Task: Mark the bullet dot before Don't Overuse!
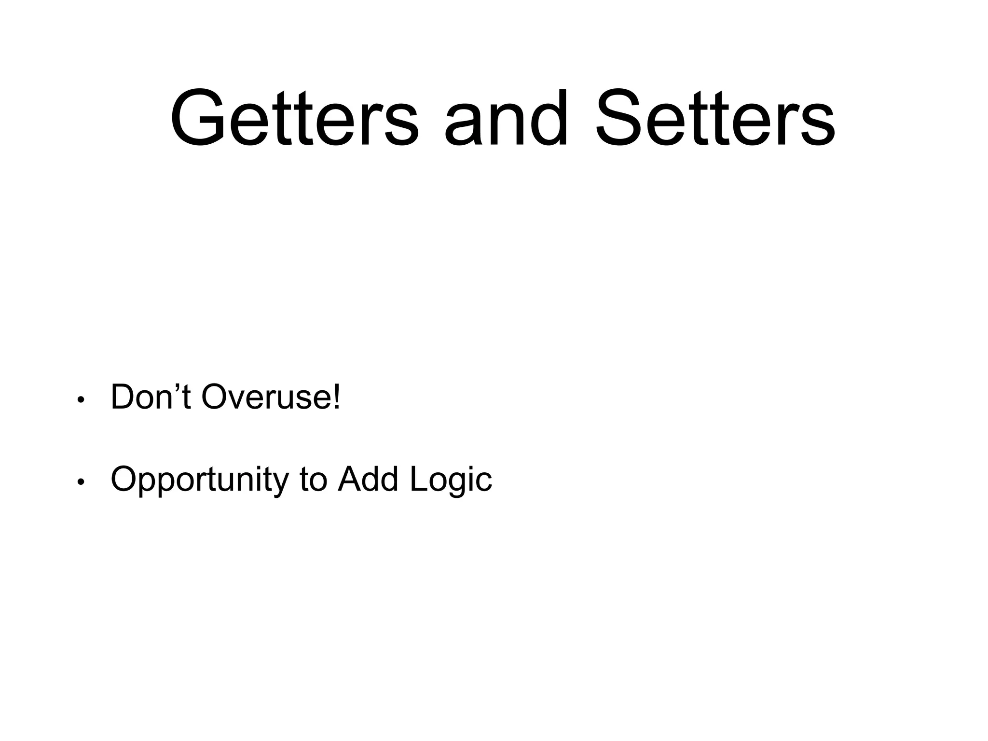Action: click(81, 400)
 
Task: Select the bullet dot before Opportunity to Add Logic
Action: click(81, 482)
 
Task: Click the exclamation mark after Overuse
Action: click(337, 397)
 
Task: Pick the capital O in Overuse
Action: click(215, 397)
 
